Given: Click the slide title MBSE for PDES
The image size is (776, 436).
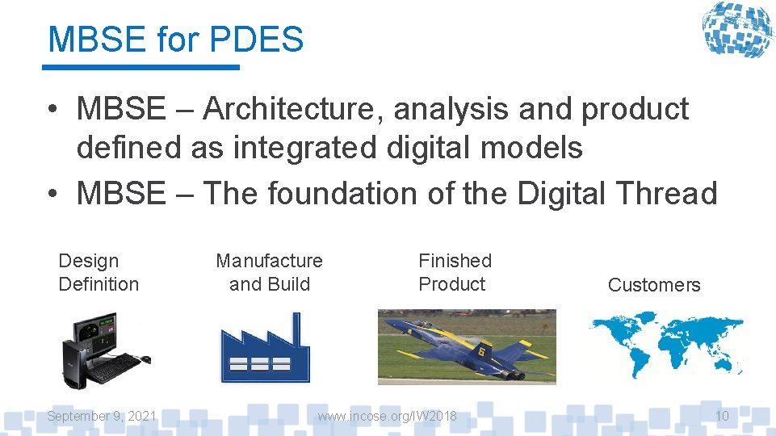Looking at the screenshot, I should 175,39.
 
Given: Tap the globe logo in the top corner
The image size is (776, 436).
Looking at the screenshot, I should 736,30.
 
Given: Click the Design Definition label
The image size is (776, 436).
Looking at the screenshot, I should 99,272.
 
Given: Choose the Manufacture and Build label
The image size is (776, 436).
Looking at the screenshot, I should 269,272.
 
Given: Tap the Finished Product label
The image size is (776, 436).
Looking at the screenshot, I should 454,272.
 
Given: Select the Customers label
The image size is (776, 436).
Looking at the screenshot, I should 653,284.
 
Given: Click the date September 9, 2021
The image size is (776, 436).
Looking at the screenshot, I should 102,416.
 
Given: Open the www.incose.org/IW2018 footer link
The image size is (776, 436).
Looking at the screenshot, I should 387,416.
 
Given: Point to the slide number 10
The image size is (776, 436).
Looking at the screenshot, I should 722,416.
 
